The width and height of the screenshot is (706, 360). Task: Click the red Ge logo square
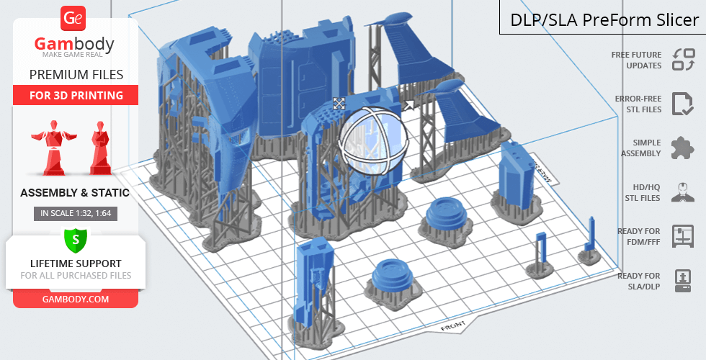73,18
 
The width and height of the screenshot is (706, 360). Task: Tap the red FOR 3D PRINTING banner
76,95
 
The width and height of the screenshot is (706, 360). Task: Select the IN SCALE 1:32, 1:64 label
76,213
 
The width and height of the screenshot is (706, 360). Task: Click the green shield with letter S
75,240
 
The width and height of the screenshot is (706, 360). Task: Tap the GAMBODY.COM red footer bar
76,300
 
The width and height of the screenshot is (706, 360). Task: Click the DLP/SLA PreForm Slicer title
604,20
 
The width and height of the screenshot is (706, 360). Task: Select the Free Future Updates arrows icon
684,60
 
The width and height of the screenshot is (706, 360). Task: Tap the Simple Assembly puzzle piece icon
683,148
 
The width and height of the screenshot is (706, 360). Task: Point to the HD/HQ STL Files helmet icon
683,192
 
